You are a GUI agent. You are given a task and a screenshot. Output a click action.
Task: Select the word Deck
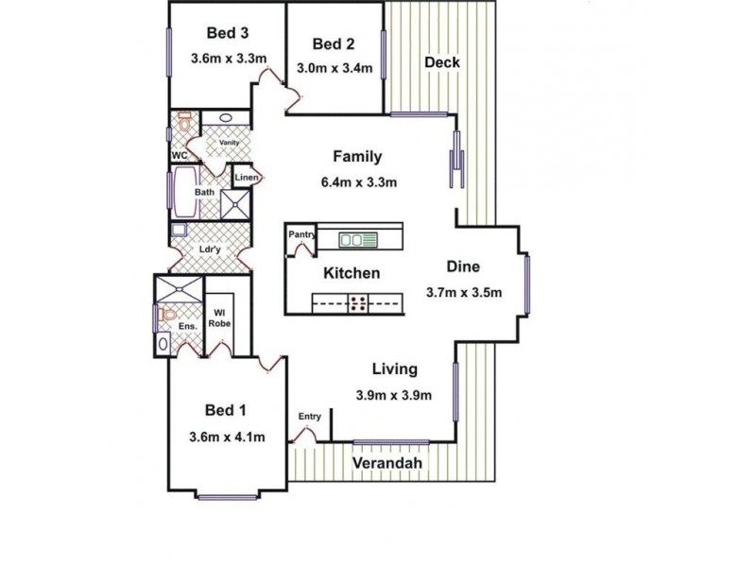(x=441, y=62)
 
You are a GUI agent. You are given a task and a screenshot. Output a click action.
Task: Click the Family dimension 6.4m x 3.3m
(x=356, y=181)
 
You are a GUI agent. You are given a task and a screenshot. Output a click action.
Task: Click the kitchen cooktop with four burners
(x=359, y=303)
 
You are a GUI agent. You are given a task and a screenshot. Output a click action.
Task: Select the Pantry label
(x=301, y=234)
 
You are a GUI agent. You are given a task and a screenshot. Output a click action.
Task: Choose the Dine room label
(x=465, y=267)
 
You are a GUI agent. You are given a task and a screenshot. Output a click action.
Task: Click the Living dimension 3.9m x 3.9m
(x=394, y=394)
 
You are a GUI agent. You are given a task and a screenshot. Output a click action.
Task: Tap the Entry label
(x=310, y=416)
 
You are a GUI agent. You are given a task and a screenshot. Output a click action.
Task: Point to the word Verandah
(x=387, y=464)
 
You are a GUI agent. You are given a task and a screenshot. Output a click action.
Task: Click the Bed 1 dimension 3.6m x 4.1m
(x=227, y=437)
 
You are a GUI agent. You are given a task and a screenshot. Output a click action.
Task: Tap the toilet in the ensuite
(x=168, y=314)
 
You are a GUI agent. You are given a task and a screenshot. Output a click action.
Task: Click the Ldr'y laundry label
(x=210, y=250)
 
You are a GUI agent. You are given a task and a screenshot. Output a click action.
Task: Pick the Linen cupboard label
(x=246, y=178)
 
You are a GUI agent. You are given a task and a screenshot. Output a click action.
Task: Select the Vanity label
(x=228, y=143)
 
